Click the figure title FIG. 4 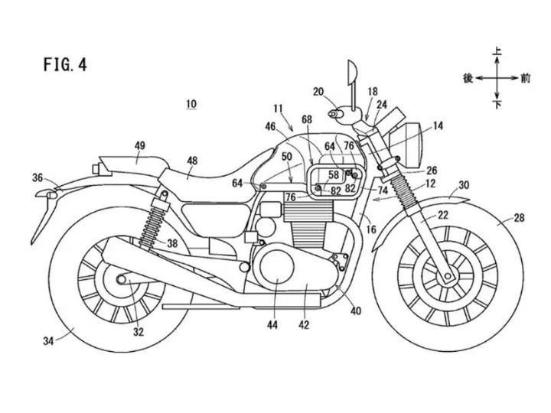point(65,64)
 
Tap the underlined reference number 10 point(191,104)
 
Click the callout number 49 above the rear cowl point(139,145)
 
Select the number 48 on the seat point(192,161)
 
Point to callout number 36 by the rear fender point(37,177)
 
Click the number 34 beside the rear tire point(48,340)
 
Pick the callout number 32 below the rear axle point(138,332)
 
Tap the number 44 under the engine point(272,325)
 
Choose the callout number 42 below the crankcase point(304,325)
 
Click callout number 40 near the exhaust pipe point(356,311)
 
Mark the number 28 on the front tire point(519,218)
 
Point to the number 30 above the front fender point(464,185)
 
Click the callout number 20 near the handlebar point(318,92)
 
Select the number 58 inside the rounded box point(334,174)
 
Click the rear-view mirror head point(352,73)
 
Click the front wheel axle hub point(448,275)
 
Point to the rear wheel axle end point(121,280)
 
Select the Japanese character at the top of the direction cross point(497,52)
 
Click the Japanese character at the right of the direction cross point(525,78)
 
